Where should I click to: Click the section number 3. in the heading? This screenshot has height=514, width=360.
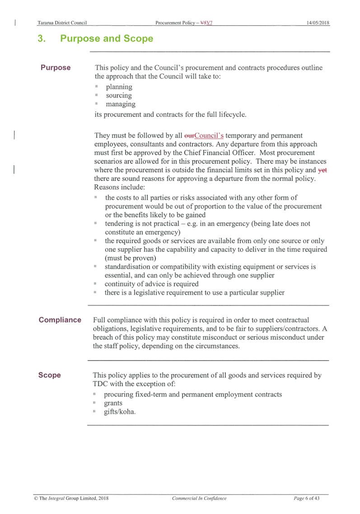42,38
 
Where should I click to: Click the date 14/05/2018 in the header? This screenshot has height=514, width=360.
318,23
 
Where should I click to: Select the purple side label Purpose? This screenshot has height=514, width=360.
56,68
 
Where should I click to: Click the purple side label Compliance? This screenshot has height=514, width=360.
60,320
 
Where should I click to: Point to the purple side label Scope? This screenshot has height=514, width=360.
49,375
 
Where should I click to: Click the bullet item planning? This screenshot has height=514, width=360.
119,87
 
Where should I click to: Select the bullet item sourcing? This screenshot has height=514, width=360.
119,95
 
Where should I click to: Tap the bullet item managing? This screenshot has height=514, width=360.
121,104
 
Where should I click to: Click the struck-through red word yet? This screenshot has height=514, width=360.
322,170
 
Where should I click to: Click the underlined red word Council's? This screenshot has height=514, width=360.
209,135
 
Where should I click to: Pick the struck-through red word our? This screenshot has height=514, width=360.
189,136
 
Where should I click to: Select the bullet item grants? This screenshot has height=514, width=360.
113,403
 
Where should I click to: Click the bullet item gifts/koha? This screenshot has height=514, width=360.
120,412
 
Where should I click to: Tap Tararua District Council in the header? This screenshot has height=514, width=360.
62,23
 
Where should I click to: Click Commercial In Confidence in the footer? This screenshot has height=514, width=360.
199,498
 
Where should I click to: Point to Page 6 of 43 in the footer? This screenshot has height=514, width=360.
307,498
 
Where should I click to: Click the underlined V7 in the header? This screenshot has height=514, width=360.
210,23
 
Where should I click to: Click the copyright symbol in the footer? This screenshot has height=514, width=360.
36,498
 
